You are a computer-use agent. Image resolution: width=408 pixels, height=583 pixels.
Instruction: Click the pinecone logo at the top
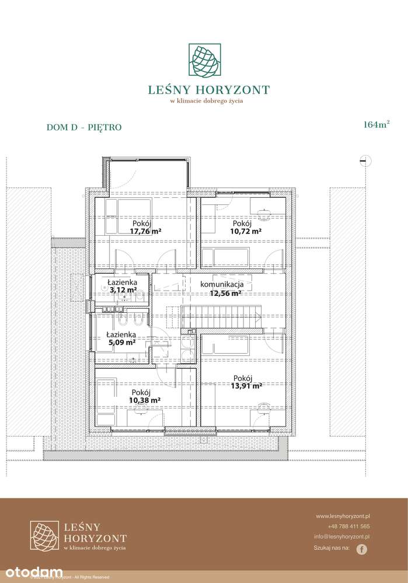point(204,60)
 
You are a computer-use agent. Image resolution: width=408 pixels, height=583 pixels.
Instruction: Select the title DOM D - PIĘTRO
point(83,127)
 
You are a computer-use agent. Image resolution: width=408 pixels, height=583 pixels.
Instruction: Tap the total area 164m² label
point(376,124)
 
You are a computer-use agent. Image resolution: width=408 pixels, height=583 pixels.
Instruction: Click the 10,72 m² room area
point(245,231)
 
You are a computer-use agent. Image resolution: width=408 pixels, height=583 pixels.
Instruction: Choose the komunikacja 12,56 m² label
point(226,289)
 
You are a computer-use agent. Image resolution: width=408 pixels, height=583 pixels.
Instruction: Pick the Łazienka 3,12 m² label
point(122,285)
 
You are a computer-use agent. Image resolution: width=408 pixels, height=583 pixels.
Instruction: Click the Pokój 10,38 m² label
point(145,396)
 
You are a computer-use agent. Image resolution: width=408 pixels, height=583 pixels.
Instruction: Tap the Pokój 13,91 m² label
point(247,382)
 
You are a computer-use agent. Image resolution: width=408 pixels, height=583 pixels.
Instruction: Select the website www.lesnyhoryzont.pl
point(343,516)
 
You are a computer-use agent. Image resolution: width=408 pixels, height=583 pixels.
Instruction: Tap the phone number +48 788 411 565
point(348,526)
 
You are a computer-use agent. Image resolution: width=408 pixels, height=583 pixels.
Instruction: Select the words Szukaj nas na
point(332,549)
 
